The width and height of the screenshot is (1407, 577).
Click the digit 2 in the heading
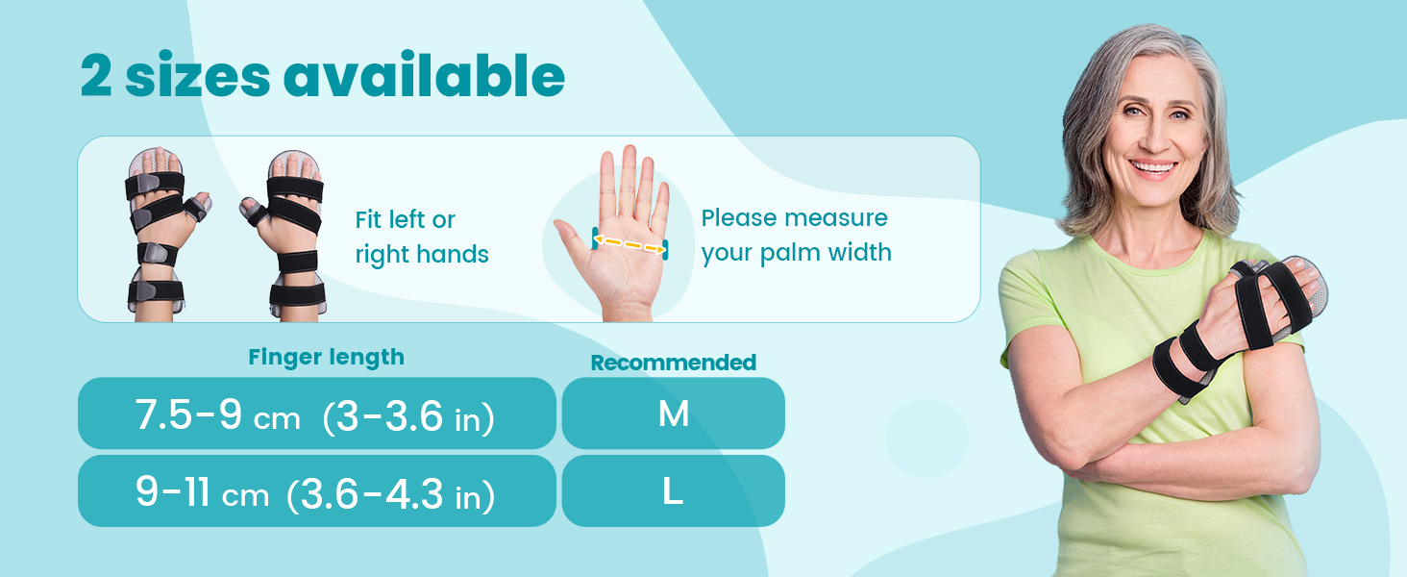tap(97, 77)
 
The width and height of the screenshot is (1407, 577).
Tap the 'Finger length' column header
tap(326, 357)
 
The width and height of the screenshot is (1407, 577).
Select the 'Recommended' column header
tap(673, 363)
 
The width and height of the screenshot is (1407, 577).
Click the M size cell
tap(673, 414)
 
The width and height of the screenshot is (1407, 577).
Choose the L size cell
tap(673, 491)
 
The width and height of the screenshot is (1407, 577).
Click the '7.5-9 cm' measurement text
tap(217, 415)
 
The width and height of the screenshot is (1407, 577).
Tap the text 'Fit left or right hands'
tap(421, 237)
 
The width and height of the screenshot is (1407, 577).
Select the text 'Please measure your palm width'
tap(796, 236)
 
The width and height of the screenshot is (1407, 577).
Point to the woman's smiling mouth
tap(1153, 168)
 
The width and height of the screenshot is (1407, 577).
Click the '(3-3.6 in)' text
tap(409, 416)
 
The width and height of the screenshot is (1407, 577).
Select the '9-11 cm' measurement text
tap(202, 494)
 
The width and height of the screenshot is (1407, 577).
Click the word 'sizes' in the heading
tap(198, 77)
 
